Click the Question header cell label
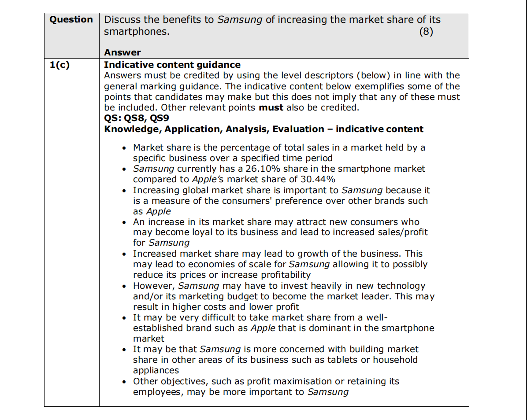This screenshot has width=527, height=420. point(71,20)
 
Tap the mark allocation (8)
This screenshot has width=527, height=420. point(426,32)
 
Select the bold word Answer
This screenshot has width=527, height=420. point(122,53)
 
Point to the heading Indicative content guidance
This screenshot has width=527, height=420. point(172,65)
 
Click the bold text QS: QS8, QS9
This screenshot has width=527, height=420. point(137,118)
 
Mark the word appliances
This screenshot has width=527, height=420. point(156,370)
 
